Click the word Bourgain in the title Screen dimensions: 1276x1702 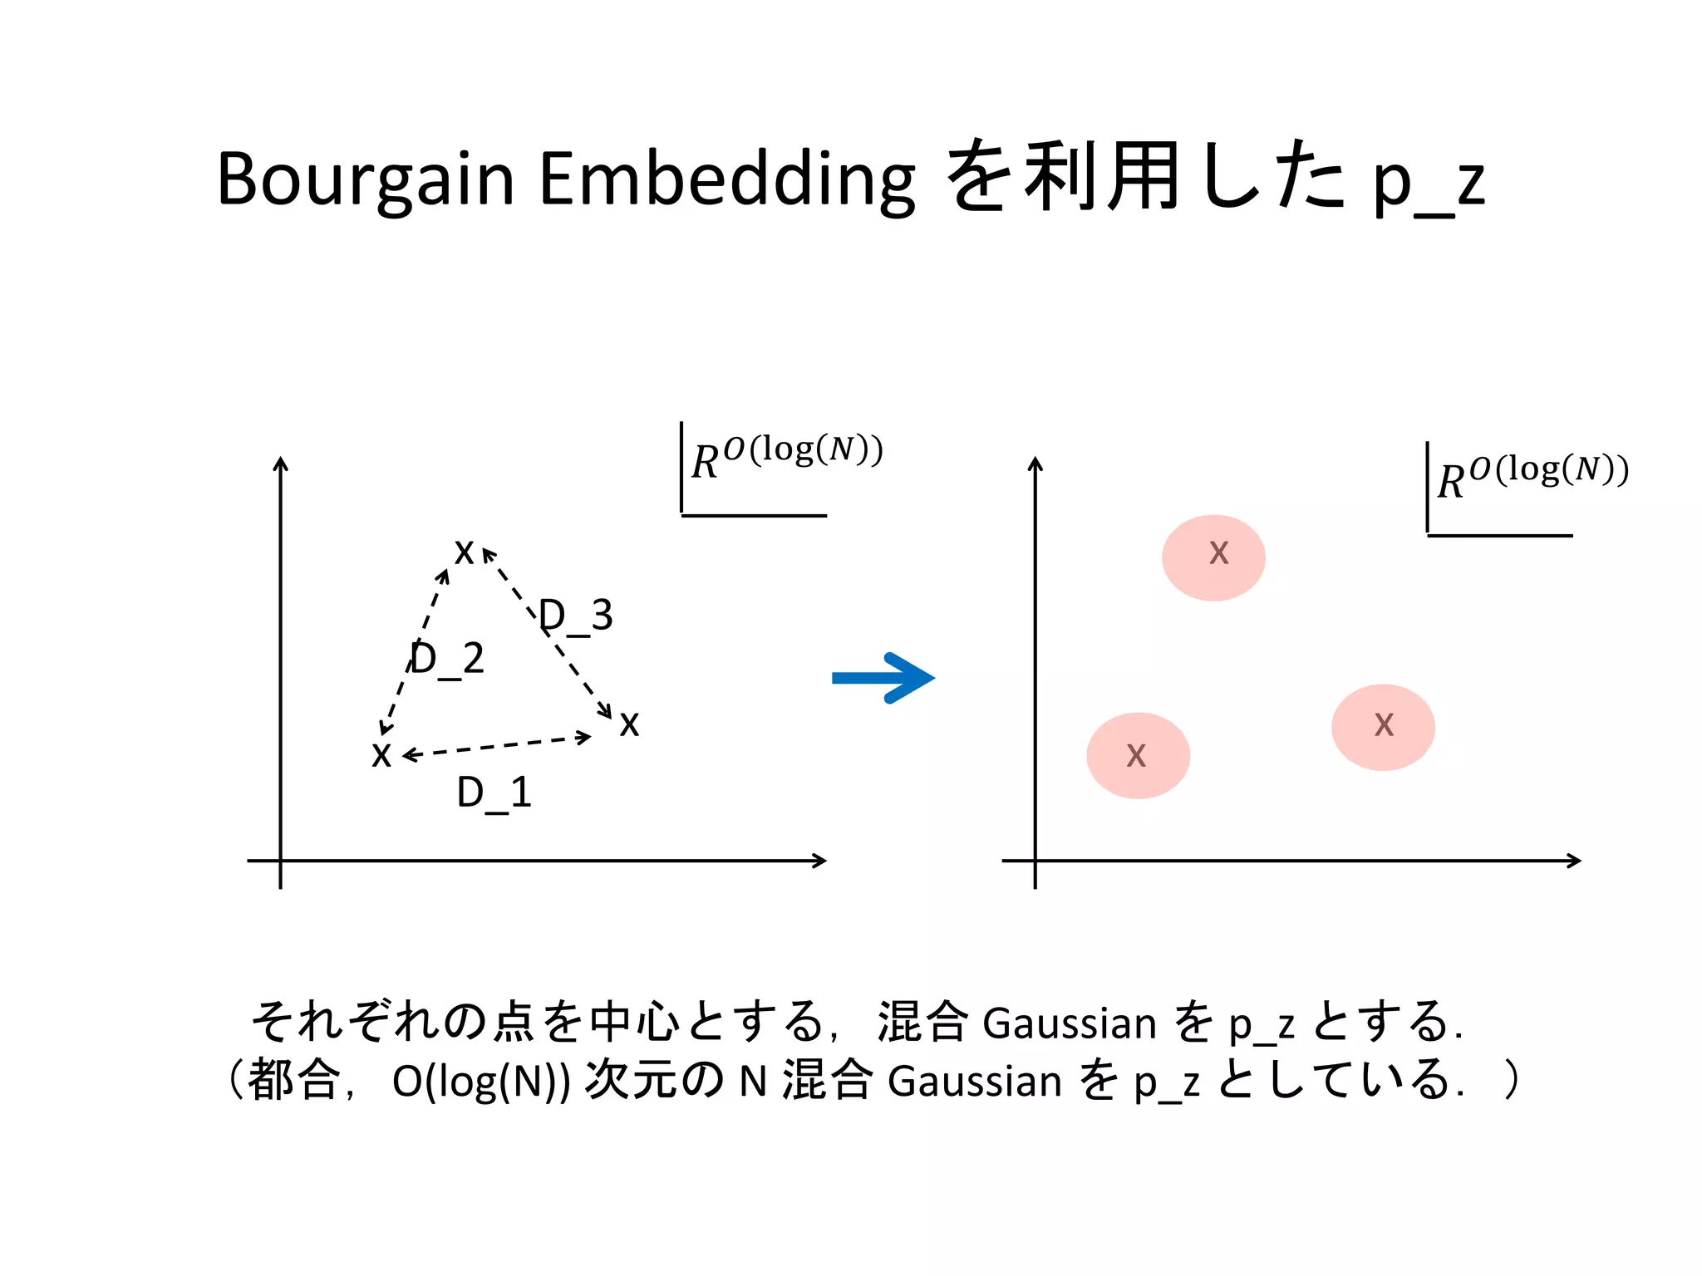pyautogui.click(x=366, y=179)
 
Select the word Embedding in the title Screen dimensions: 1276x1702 pyautogui.click(x=727, y=179)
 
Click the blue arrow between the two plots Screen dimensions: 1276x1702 pyautogui.click(x=883, y=678)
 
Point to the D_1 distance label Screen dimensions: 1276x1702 pyautogui.click(x=494, y=793)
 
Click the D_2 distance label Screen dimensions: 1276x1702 pyautogui.click(x=447, y=659)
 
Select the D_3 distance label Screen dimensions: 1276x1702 pyautogui.click(x=576, y=616)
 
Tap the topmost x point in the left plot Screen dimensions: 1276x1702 pyautogui.click(x=464, y=552)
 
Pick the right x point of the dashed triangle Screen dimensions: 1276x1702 pyautogui.click(x=629, y=724)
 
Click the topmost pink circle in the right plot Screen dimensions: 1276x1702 pyautogui.click(x=1213, y=557)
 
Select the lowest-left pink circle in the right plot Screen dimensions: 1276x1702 pyautogui.click(x=1138, y=755)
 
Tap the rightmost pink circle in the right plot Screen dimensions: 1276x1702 pyautogui.click(x=1383, y=727)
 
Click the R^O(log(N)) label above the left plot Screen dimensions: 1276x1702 pyautogui.click(x=786, y=458)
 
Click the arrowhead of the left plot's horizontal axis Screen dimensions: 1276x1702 pyautogui.click(x=819, y=861)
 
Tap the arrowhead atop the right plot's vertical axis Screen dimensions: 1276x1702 pyautogui.click(x=1035, y=464)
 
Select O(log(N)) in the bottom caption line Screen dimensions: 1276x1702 pyautogui.click(x=481, y=1082)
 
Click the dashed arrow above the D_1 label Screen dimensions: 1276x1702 pyautogui.click(x=497, y=745)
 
